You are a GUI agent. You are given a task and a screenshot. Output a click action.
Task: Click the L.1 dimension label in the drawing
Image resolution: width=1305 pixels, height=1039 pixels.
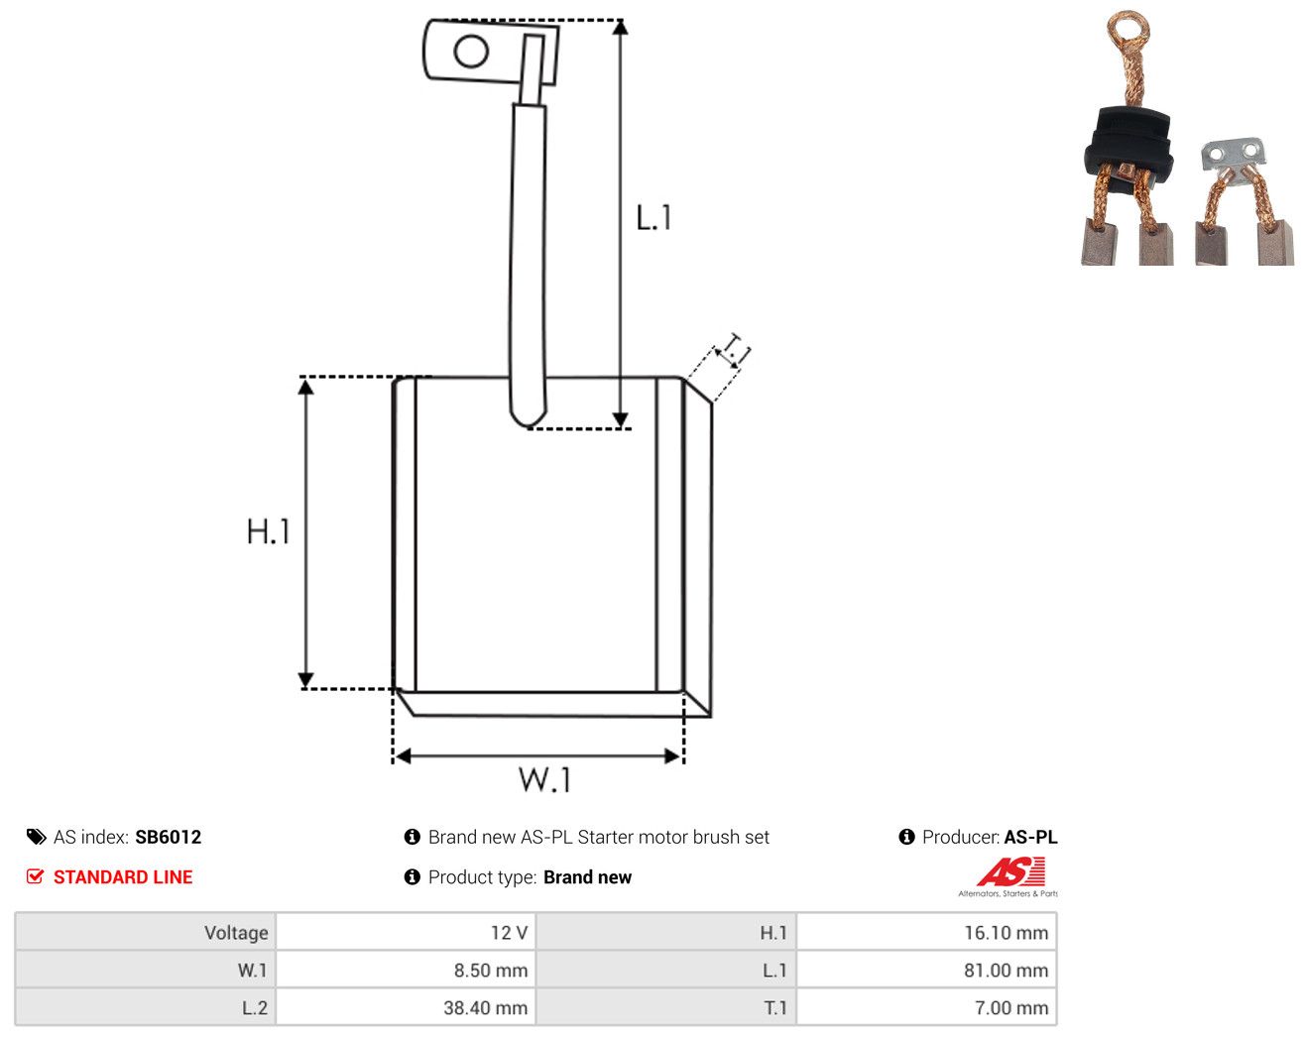653,218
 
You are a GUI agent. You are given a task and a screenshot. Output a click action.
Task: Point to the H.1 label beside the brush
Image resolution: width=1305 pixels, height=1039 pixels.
268,531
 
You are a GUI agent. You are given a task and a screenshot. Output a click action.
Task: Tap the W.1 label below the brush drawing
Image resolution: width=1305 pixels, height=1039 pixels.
544,780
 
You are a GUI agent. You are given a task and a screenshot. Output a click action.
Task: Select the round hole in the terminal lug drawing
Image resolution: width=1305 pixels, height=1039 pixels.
471,52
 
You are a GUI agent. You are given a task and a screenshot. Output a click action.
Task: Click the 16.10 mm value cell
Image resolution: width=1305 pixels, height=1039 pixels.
925,932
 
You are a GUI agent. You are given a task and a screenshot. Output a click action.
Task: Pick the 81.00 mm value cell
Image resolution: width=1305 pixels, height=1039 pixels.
925,970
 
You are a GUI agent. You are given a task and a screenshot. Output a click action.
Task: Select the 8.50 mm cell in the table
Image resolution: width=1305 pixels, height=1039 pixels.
405,970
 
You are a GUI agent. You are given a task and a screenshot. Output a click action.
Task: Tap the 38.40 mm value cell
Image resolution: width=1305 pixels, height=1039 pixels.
405,1007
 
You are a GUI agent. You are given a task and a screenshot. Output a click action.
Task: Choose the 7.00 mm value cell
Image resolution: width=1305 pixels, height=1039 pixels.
925,1007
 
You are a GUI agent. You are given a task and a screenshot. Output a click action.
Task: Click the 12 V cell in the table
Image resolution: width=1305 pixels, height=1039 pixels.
405,932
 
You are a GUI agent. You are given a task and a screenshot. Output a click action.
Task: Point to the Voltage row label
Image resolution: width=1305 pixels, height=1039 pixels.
236,933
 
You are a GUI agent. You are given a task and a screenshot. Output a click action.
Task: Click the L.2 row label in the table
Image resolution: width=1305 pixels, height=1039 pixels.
254,1008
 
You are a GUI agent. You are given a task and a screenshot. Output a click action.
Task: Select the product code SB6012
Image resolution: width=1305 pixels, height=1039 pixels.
168,837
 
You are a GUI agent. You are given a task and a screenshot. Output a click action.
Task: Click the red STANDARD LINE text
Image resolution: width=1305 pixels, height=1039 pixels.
123,877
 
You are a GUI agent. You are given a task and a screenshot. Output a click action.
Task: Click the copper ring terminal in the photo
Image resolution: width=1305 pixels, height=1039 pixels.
1127,29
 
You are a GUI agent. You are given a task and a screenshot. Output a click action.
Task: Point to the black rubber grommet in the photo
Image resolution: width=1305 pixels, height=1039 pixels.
1127,145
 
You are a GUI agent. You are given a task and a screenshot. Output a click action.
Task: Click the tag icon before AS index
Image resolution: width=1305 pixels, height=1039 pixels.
37,837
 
